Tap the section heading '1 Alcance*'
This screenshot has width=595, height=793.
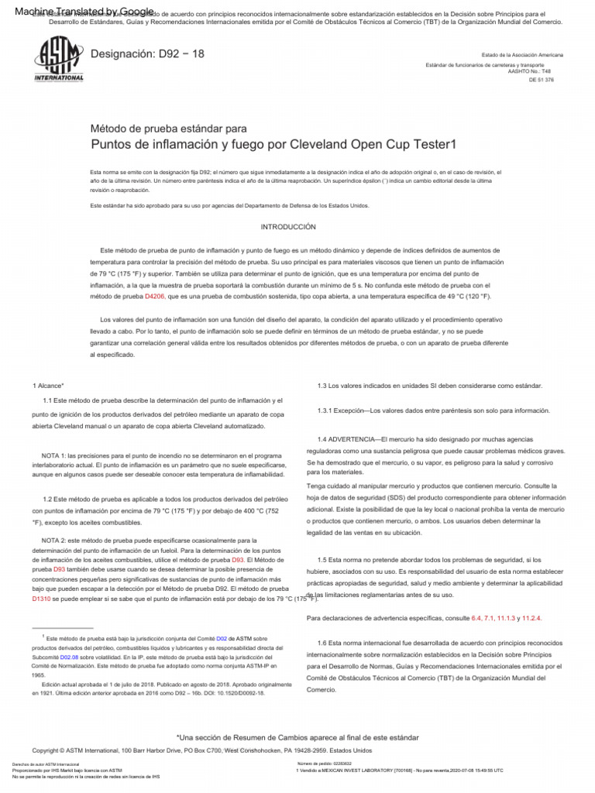pyautogui.click(x=48, y=386)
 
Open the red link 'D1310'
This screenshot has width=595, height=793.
pyautogui.click(x=41, y=599)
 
